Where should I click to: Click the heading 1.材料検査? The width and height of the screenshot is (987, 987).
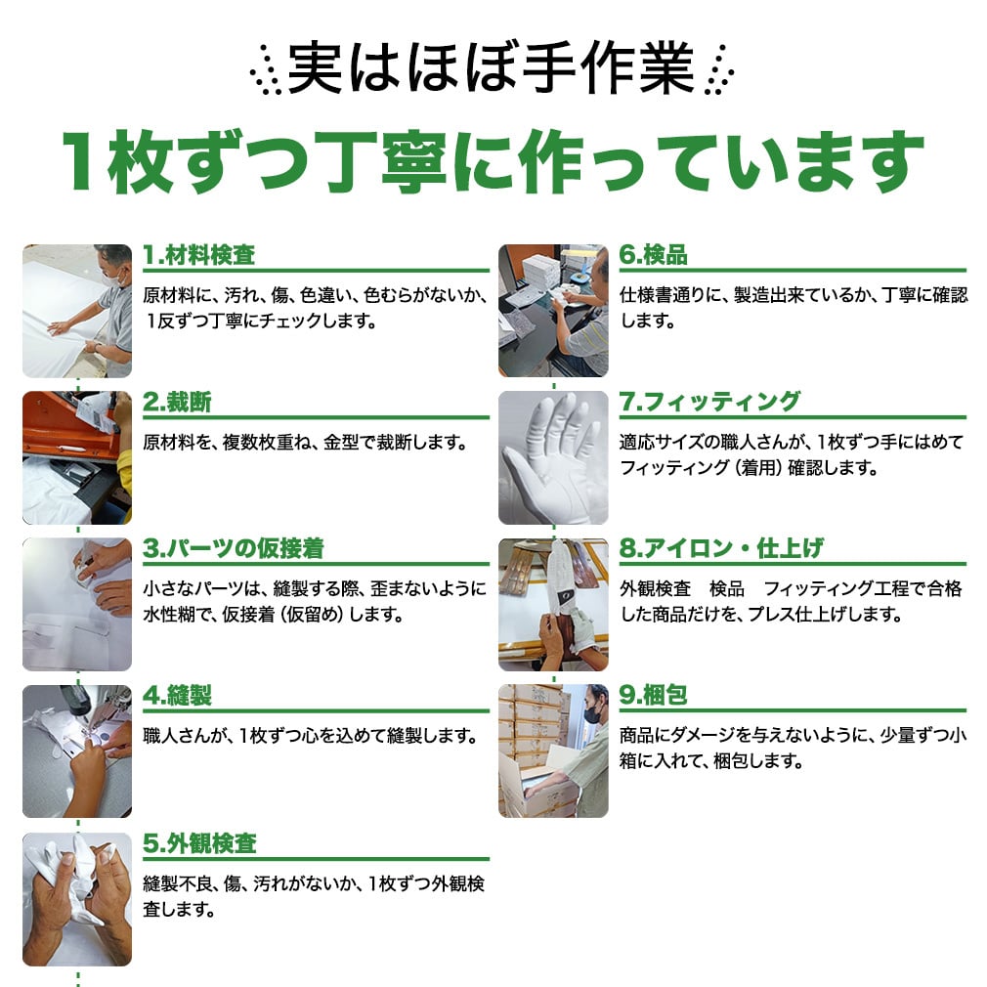tap(199, 255)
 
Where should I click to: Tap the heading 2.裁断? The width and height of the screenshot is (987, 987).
tap(178, 402)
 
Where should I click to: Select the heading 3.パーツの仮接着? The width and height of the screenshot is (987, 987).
tap(234, 548)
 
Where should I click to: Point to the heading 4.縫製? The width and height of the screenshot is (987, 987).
tap(178, 696)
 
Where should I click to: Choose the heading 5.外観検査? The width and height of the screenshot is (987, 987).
tap(199, 842)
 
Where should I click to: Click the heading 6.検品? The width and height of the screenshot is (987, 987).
tap(654, 255)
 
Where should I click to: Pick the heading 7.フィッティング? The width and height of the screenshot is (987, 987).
tap(710, 402)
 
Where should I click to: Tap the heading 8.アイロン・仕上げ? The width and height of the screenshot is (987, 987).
tap(721, 548)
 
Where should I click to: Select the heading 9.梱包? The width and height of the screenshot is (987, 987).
tap(654, 695)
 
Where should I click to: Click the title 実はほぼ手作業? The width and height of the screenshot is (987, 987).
tap(491, 68)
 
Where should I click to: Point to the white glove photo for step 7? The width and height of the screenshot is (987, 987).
tap(553, 457)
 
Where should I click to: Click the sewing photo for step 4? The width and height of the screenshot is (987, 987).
tap(77, 751)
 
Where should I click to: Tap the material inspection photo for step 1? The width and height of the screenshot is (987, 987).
tap(77, 311)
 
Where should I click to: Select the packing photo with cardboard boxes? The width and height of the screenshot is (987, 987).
tap(553, 751)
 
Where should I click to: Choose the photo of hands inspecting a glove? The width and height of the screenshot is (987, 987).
tap(77, 899)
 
